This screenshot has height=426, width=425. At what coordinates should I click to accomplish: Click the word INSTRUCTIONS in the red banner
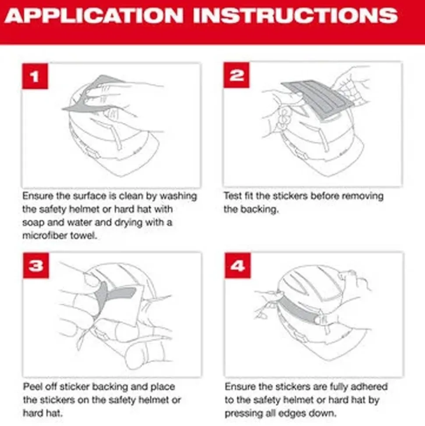[296, 17]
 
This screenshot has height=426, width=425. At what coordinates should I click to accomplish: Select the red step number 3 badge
[35, 265]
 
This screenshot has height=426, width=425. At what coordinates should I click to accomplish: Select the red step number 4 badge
[237, 265]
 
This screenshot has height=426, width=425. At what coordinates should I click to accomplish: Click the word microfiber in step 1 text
[42, 236]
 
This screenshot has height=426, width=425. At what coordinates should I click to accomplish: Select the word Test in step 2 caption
[233, 196]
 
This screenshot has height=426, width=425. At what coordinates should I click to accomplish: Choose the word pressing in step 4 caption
[242, 413]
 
